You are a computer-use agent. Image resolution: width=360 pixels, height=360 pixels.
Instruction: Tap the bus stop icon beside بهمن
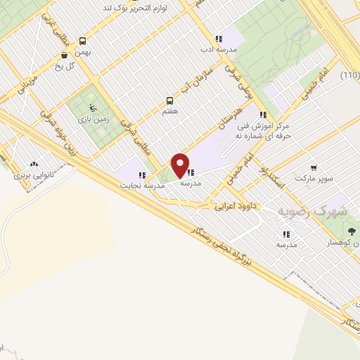click(x=84, y=41)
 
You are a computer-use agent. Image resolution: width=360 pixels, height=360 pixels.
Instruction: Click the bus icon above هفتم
click(x=169, y=100)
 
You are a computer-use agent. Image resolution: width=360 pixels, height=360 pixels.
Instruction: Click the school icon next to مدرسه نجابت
click(x=142, y=175)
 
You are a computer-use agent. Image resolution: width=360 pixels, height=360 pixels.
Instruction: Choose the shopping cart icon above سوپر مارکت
click(x=313, y=167)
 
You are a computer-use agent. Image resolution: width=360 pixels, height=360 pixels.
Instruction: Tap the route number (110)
click(x=349, y=75)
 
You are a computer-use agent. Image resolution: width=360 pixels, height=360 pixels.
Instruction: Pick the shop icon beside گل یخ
click(x=65, y=55)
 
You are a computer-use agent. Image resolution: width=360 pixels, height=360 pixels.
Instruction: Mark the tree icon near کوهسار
click(x=352, y=231)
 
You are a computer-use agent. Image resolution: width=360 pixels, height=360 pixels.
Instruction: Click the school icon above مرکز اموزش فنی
click(x=263, y=115)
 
